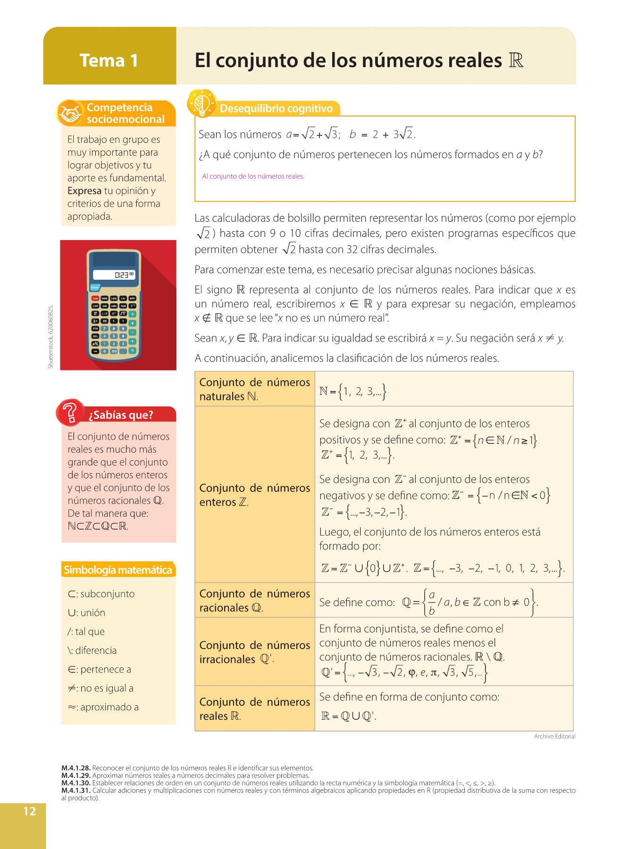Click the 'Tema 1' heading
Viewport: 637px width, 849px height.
[109, 61]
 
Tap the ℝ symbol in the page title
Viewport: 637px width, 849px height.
[516, 60]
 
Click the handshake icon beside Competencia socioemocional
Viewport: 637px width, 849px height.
[70, 113]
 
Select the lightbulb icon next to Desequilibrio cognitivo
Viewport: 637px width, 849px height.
[201, 103]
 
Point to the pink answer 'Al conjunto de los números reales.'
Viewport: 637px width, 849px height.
[253, 176]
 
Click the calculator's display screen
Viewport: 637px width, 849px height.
[115, 275]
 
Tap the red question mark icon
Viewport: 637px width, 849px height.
[70, 412]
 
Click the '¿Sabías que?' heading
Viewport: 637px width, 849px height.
[121, 415]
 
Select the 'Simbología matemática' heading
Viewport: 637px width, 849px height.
[118, 570]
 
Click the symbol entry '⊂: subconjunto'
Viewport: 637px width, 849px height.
[101, 594]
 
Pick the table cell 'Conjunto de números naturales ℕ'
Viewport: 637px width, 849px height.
[254, 389]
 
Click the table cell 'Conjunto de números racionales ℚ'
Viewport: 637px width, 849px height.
[254, 600]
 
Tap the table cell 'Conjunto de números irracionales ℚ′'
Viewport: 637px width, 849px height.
[254, 652]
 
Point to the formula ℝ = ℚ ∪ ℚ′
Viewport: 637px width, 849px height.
[349, 716]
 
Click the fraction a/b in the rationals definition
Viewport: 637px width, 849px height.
[431, 603]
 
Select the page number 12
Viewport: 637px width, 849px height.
[29, 811]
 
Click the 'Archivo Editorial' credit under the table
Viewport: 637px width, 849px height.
[554, 736]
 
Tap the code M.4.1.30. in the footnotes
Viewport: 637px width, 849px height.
[76, 783]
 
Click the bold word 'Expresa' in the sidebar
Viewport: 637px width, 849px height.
[84, 191]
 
